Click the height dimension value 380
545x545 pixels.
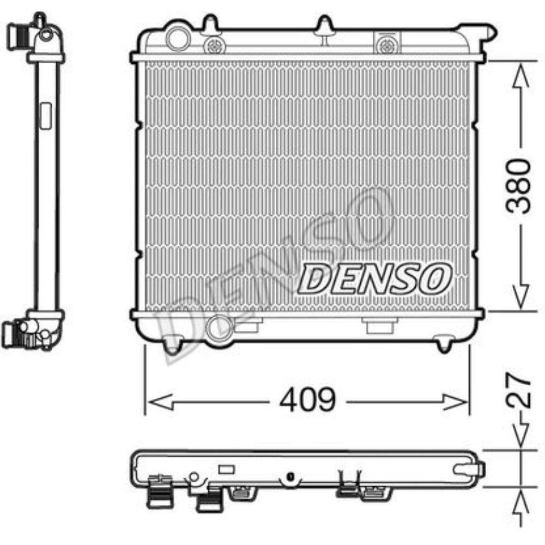coord(518,186)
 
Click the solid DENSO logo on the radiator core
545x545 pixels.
coord(376,278)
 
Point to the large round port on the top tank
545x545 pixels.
coord(177,39)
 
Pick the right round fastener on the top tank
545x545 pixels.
coord(387,45)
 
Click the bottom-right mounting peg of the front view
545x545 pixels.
coord(444,344)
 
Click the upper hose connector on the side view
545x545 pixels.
coord(22,35)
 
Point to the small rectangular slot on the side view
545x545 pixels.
coord(46,116)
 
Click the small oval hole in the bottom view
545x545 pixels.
coord(290,477)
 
